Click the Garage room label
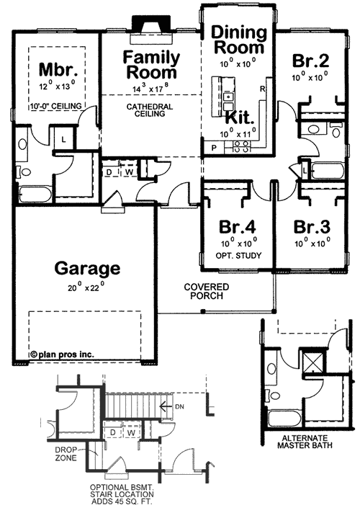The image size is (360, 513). point(86,269)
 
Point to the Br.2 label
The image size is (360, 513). point(311,61)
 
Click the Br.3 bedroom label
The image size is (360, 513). point(312,225)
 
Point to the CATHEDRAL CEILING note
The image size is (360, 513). point(149,111)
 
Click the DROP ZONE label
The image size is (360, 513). point(68,454)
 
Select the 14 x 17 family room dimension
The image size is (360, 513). point(150,89)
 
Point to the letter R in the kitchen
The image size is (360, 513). point(263,89)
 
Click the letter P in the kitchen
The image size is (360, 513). point(213,147)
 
